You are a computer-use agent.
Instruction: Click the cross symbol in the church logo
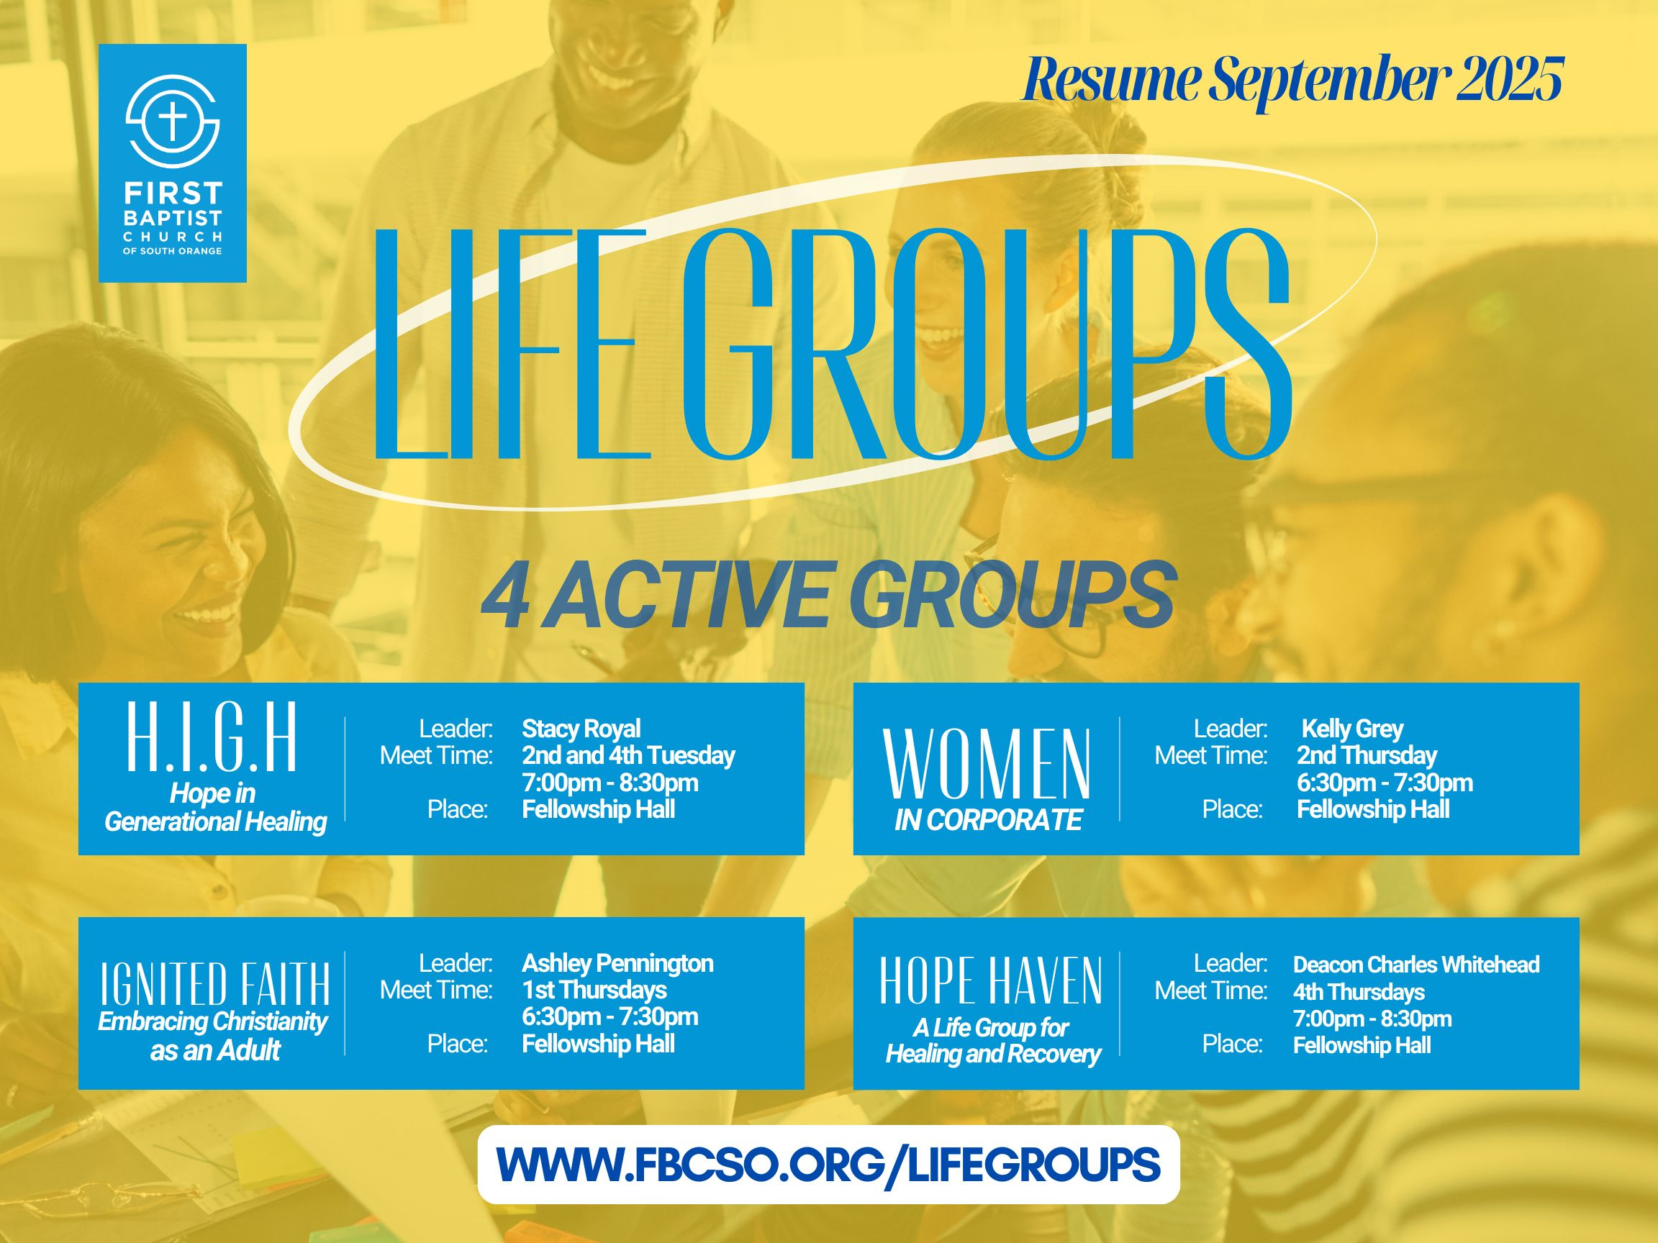tap(173, 122)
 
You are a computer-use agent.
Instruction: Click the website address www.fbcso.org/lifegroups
tap(828, 1165)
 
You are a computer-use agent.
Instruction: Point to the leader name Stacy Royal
tap(581, 728)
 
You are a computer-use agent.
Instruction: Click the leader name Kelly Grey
tap(1352, 728)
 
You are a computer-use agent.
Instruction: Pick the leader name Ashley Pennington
tap(617, 962)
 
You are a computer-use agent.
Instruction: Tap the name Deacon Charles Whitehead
tap(1416, 965)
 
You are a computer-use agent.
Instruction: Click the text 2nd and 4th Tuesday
tap(628, 755)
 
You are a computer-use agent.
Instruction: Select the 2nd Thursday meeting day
tap(1367, 755)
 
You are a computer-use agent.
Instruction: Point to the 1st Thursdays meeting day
tap(594, 990)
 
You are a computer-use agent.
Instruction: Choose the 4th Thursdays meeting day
tap(1359, 992)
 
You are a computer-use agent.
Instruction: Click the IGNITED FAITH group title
tap(215, 984)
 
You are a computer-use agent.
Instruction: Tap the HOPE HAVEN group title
tap(991, 980)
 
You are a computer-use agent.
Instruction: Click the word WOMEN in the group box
tap(987, 766)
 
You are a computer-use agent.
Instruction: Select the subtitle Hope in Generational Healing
tap(215, 807)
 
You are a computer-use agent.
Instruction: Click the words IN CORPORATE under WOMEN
tap(988, 821)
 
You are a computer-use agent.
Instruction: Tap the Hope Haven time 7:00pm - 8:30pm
tap(1372, 1019)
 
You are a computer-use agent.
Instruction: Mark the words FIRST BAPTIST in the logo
tap(173, 206)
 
